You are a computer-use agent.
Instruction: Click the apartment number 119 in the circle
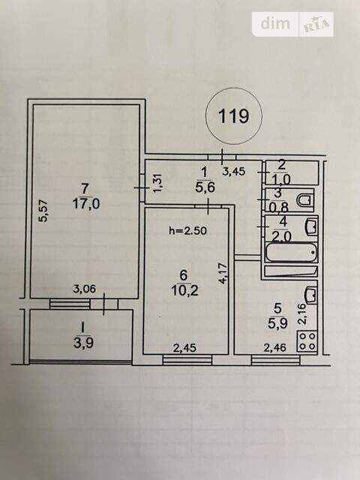click(233, 116)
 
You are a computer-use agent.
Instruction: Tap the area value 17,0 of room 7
click(86, 203)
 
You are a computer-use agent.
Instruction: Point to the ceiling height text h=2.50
click(188, 230)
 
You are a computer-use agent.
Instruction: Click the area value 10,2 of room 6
click(185, 290)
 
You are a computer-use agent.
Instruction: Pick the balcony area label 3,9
click(83, 343)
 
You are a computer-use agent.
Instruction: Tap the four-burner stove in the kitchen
click(307, 341)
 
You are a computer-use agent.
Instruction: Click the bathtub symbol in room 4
click(291, 253)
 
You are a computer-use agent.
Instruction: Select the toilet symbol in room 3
click(305, 200)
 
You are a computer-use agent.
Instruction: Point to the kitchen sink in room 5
click(310, 295)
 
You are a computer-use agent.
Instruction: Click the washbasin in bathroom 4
click(310, 226)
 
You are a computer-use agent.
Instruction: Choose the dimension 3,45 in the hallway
click(233, 171)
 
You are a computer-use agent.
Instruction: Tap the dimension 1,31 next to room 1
click(159, 184)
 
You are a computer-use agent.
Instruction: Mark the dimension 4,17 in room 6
click(223, 273)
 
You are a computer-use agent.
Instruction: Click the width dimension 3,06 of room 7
click(85, 288)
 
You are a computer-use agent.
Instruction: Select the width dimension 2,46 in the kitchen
click(275, 347)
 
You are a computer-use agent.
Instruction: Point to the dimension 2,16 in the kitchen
click(301, 313)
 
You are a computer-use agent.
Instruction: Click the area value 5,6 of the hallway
click(205, 187)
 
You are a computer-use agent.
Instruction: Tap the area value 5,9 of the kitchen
click(277, 322)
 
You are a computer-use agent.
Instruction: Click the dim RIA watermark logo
click(293, 25)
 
